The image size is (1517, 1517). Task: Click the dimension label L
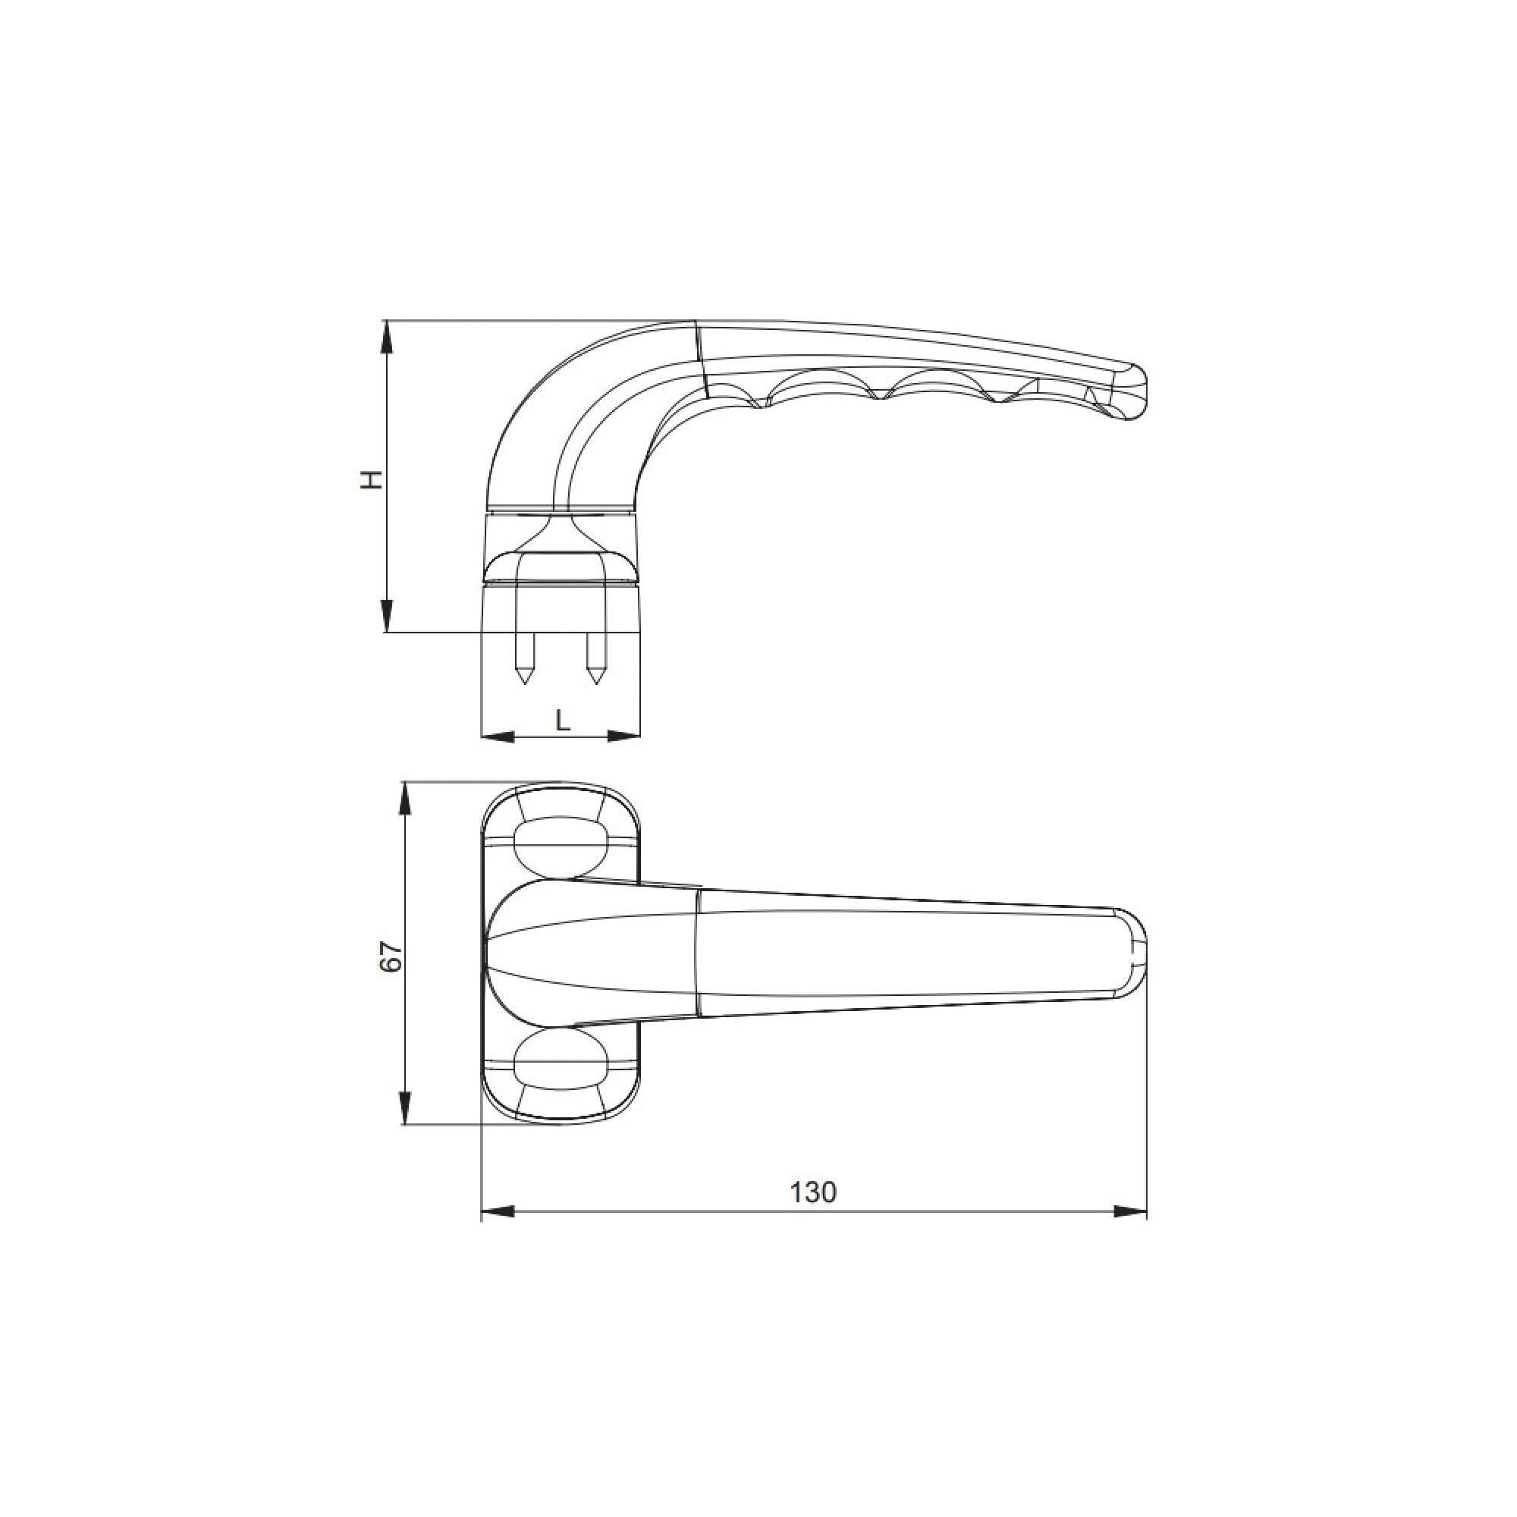click(562, 719)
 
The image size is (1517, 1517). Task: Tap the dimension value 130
click(812, 1214)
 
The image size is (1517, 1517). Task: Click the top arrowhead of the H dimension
click(386, 337)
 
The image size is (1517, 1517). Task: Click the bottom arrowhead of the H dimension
click(386, 617)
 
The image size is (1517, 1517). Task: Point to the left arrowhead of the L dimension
click(496, 737)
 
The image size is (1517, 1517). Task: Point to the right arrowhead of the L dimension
click(624, 737)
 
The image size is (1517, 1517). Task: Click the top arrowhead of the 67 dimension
click(404, 800)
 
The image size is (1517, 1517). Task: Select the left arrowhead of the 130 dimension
click(497, 1233)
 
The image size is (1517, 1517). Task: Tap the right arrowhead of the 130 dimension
click(1131, 1233)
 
